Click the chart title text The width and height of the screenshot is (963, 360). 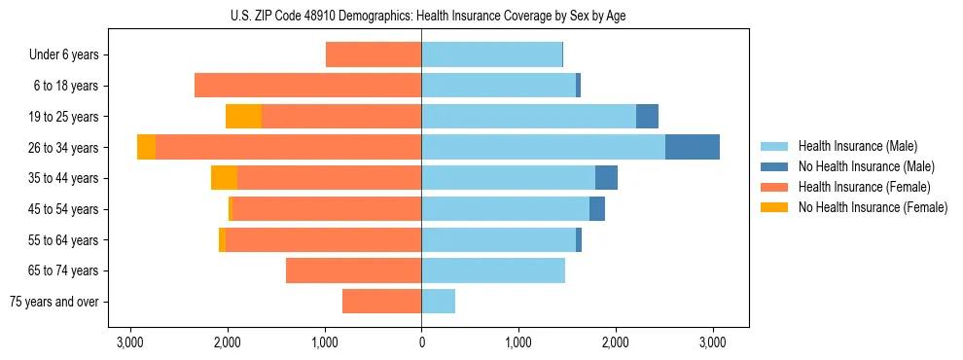pos(421,17)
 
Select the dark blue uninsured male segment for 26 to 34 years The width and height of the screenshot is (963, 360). pos(692,147)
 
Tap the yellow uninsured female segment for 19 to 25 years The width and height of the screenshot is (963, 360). pos(243,117)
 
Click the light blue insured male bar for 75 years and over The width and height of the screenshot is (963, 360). pos(438,302)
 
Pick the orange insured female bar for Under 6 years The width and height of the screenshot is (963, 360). pos(374,54)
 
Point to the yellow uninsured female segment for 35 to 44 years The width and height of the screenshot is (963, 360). pos(224,178)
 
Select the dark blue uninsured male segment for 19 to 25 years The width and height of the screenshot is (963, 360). pos(647,117)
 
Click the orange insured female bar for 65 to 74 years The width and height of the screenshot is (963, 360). pos(353,270)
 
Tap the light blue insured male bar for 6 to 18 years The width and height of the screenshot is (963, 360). pos(498,86)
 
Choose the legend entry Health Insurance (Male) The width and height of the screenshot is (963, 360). pos(857,146)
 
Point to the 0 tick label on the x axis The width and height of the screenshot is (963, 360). pos(421,342)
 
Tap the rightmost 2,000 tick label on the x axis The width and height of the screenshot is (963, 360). pos(615,342)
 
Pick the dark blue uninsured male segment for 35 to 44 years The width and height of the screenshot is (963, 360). pos(606,178)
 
